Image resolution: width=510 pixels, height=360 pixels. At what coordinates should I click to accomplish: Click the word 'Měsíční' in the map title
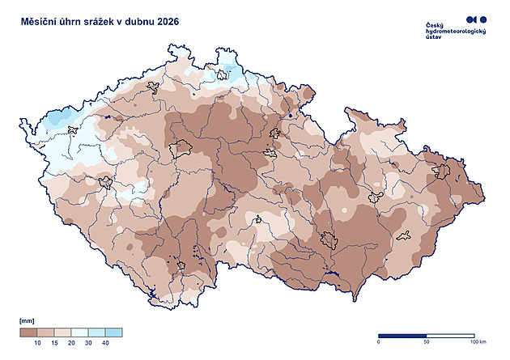[x=40, y=22]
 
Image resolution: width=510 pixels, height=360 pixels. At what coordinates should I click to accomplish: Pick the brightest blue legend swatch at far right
[x=114, y=332]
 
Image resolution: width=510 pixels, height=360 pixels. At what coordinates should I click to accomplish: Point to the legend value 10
[x=37, y=344]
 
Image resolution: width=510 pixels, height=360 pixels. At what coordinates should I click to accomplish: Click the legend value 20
[x=70, y=344]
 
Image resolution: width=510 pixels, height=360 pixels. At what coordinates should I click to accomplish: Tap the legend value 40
[x=105, y=344]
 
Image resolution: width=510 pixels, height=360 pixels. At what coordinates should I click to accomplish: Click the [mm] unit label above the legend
[x=27, y=322]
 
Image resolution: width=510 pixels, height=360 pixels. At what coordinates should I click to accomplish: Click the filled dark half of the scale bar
[x=402, y=334]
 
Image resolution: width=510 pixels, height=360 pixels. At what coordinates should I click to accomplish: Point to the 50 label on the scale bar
[x=426, y=342]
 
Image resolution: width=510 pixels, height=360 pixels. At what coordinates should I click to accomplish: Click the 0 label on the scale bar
[x=379, y=342]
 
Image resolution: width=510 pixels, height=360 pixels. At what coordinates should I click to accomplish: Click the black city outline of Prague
[x=181, y=149]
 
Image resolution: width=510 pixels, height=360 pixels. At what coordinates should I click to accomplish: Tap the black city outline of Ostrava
[x=442, y=172]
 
